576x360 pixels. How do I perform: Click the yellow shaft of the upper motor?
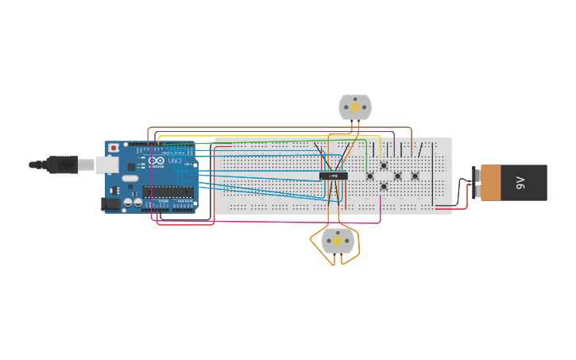pyautogui.click(x=355, y=106)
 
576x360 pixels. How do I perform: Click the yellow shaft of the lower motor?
pyautogui.click(x=338, y=240)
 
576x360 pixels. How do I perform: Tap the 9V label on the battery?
pyautogui.click(x=521, y=182)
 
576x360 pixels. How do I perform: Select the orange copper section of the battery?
pyautogui.click(x=490, y=182)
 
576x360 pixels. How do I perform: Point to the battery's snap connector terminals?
pyautogui.click(x=475, y=182)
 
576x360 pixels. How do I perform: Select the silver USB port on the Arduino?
pyautogui.click(x=106, y=165)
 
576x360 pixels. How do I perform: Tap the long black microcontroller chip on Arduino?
pyautogui.click(x=168, y=191)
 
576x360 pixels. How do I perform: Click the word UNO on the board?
pyautogui.click(x=174, y=161)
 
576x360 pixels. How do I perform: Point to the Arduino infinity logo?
pyautogui.click(x=157, y=161)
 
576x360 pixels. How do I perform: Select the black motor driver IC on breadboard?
pyautogui.click(x=333, y=176)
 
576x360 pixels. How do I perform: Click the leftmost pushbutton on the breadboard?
pyautogui.click(x=369, y=176)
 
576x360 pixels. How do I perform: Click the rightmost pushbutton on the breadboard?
pyautogui.click(x=415, y=176)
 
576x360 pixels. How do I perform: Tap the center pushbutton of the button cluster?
pyautogui.click(x=397, y=176)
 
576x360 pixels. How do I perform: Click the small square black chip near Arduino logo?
pyautogui.click(x=131, y=167)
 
